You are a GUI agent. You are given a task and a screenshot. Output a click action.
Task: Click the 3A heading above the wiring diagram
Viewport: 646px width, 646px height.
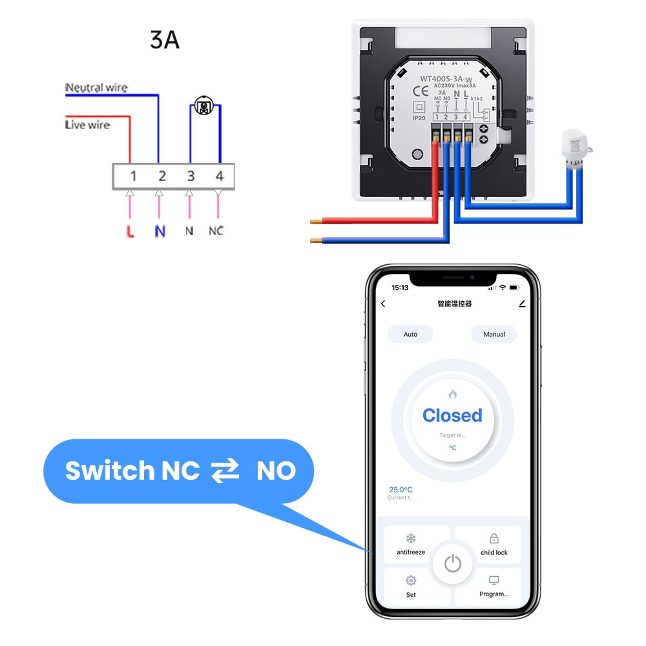pyautogui.click(x=164, y=40)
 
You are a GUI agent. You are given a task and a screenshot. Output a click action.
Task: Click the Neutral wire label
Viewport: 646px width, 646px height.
pyautogui.click(x=96, y=87)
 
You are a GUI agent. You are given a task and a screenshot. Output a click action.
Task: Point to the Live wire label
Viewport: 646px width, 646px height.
pyautogui.click(x=87, y=125)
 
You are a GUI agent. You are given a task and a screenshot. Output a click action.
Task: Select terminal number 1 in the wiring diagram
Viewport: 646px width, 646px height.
pyautogui.click(x=132, y=176)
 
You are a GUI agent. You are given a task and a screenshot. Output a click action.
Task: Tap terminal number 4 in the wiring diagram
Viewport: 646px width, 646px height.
pyautogui.click(x=219, y=176)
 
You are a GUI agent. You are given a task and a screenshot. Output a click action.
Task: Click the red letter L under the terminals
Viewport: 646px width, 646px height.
pyautogui.click(x=130, y=231)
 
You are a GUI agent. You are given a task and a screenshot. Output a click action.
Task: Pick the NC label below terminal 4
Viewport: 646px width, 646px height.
pyautogui.click(x=216, y=231)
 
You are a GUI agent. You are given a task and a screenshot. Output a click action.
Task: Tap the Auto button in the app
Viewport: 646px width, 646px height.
pyautogui.click(x=410, y=334)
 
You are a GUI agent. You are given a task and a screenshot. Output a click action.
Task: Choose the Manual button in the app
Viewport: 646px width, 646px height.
pyautogui.click(x=494, y=334)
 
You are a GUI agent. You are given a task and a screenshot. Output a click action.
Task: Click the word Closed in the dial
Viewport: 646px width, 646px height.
pyautogui.click(x=452, y=415)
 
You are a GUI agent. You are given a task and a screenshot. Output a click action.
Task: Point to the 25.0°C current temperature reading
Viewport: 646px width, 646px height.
pyautogui.click(x=401, y=490)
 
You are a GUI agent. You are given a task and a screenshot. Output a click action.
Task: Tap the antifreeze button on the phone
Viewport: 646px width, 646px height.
pyautogui.click(x=411, y=545)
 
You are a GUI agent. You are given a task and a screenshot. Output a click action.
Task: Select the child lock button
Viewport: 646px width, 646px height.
pyautogui.click(x=494, y=545)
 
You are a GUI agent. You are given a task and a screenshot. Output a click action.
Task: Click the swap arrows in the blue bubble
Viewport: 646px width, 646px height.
pyautogui.click(x=225, y=471)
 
